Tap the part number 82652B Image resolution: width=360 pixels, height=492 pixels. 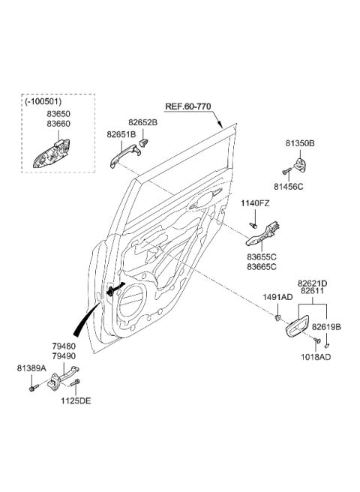[142, 121]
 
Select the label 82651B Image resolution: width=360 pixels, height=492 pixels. [121, 134]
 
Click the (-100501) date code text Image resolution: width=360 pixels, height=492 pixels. [42, 101]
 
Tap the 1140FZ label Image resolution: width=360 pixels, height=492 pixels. [256, 204]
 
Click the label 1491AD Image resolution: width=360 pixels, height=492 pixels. [277, 297]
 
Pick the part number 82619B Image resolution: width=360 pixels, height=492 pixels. [326, 327]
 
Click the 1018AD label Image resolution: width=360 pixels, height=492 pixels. [314, 358]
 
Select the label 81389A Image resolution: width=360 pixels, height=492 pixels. [32, 368]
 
